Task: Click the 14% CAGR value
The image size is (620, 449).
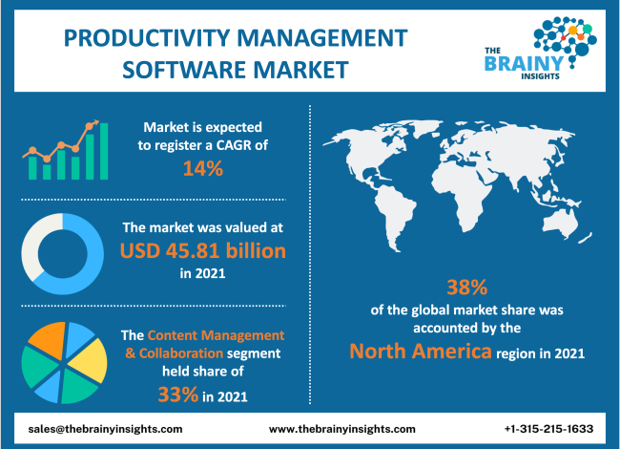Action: pos(203,170)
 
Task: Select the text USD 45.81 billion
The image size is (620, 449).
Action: pos(203,251)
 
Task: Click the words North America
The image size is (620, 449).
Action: pos(419,351)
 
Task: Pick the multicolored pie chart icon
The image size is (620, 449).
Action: pos(62,363)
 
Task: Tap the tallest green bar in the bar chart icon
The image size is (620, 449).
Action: pos(104,153)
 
